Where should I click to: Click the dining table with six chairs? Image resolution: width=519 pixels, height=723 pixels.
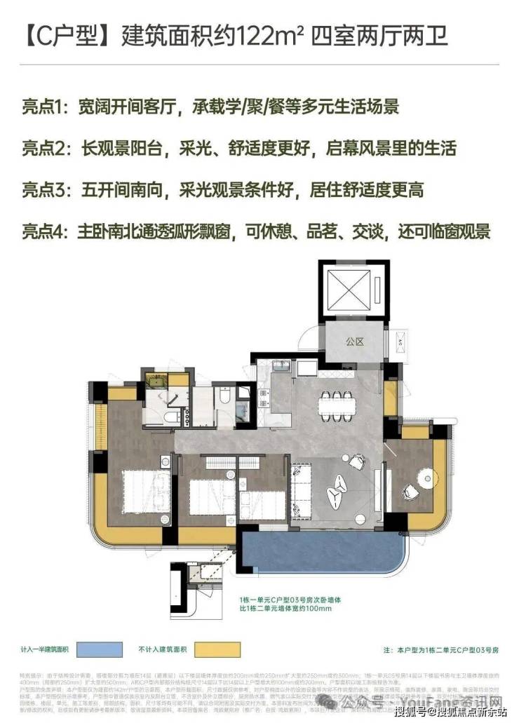coord(338,403)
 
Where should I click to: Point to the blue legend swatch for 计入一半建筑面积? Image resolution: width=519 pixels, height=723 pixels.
coord(99,649)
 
